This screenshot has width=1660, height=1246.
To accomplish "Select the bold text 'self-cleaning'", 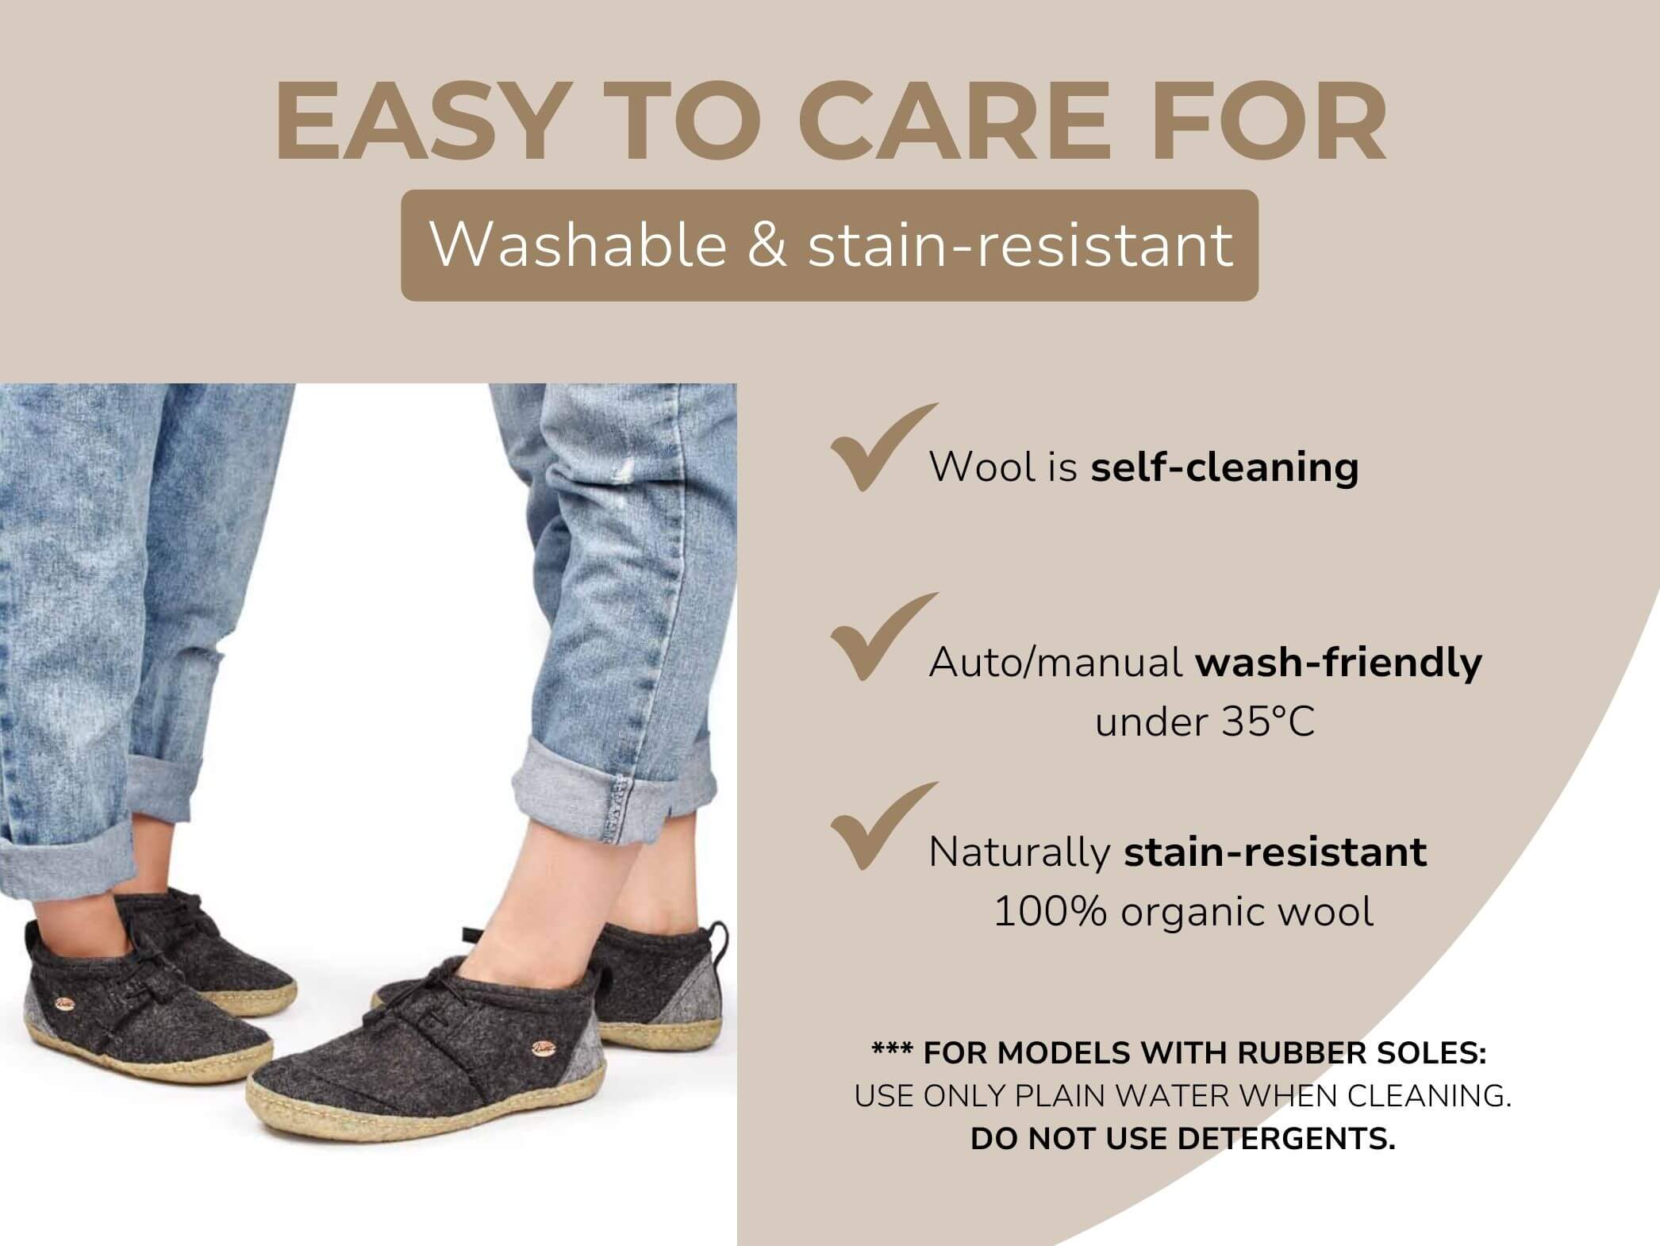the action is pyautogui.click(x=1224, y=467).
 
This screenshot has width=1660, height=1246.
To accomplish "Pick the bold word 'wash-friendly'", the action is pyautogui.click(x=1339, y=661).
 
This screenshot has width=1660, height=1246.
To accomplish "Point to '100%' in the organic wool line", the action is pyautogui.click(x=1050, y=911).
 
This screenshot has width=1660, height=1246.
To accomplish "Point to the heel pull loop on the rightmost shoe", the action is pyautogui.click(x=718, y=943).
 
